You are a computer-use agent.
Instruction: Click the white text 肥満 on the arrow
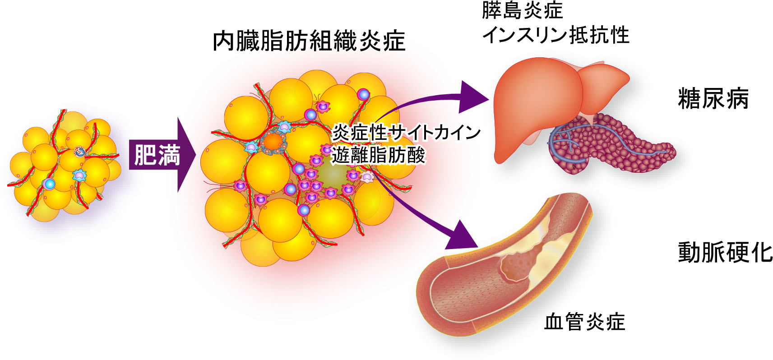click(157, 155)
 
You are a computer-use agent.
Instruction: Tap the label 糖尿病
click(713, 99)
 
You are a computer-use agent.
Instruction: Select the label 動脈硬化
click(725, 252)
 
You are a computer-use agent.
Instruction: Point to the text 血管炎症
click(584, 322)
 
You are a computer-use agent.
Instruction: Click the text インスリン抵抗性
click(555, 35)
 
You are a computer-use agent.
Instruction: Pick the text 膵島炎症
click(522, 10)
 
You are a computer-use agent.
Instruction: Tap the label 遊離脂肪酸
click(378, 156)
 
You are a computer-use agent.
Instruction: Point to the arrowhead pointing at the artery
click(463, 237)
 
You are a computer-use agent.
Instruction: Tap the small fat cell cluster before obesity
click(63, 165)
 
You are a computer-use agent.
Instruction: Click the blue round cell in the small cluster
click(49, 184)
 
